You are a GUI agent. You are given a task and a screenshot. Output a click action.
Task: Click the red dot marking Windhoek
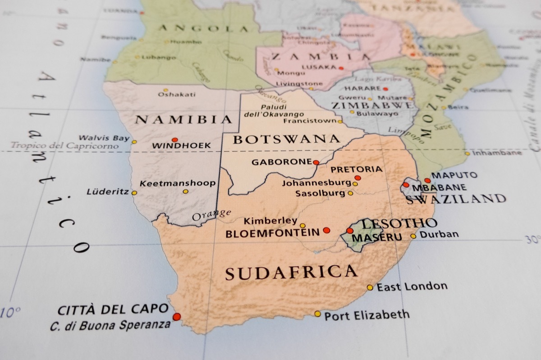click(175, 140)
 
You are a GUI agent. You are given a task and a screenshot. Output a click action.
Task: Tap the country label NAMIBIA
click(183, 119)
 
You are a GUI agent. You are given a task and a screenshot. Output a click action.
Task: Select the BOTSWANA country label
click(286, 139)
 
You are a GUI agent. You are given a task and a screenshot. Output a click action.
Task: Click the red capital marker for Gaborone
click(316, 163)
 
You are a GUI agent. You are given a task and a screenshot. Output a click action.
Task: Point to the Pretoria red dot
click(358, 178)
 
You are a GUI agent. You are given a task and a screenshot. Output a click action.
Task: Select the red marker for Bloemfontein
click(326, 230)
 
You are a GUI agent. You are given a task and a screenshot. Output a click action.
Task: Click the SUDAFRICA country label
click(291, 272)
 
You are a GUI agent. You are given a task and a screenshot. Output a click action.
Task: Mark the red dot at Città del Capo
click(176, 317)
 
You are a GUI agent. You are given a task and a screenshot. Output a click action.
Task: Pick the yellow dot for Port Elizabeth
click(318, 314)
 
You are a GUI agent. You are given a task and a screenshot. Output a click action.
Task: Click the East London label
click(412, 287)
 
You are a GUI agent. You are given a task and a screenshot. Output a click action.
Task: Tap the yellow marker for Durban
click(413, 236)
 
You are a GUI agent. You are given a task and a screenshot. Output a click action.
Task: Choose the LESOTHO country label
click(399, 223)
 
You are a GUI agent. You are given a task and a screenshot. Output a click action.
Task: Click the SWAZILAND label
click(456, 199)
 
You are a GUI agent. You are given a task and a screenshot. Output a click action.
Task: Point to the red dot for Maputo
click(427, 180)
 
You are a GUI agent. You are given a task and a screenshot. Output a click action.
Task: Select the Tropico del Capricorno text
click(64, 146)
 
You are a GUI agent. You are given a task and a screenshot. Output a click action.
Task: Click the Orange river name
click(212, 215)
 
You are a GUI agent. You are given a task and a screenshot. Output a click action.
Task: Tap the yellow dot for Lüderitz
click(134, 192)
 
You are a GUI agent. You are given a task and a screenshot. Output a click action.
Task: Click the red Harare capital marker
click(385, 89)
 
